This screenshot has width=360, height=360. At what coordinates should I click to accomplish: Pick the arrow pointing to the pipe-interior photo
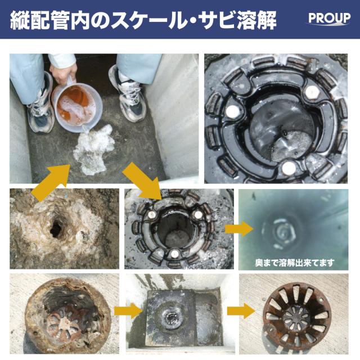238,229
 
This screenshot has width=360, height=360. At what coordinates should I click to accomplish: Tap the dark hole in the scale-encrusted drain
56,228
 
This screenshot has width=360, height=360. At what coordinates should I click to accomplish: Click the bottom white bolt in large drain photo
289,167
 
